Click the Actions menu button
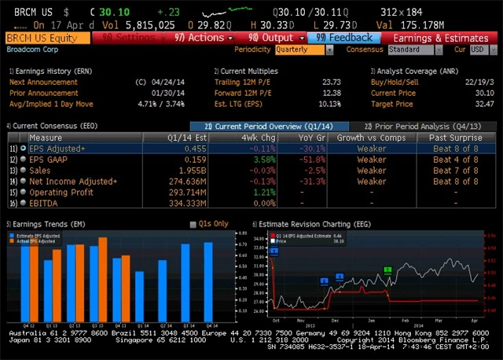tap(203, 38)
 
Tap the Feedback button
tap(344, 38)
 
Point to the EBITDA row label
tap(46, 203)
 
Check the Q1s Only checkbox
tap(193, 225)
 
